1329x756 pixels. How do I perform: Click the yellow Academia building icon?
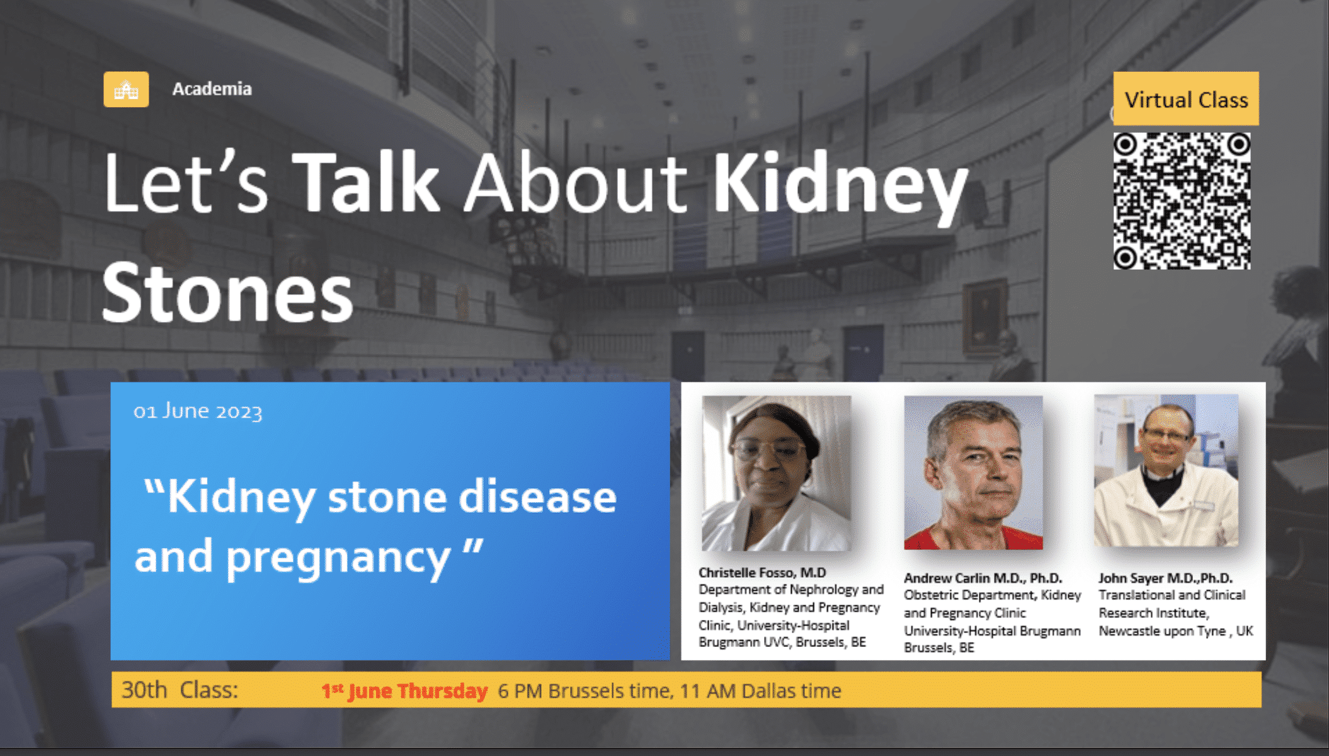click(x=126, y=89)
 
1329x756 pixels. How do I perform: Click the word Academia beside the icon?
click(x=212, y=89)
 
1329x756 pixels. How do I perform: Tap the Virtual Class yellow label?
click(x=1186, y=99)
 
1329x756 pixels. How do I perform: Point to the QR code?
click(x=1182, y=201)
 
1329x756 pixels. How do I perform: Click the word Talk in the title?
click(x=366, y=183)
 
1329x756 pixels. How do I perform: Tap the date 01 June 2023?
click(x=198, y=411)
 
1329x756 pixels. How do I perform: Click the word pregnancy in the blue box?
click(x=338, y=558)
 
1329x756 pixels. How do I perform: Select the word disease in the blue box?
click(x=537, y=496)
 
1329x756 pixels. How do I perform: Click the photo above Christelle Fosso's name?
click(x=777, y=473)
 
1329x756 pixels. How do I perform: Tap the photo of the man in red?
click(x=973, y=472)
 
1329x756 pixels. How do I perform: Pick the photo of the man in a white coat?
click(x=1166, y=471)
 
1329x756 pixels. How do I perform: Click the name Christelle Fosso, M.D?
click(x=762, y=573)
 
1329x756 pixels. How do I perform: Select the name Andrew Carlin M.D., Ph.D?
click(x=983, y=578)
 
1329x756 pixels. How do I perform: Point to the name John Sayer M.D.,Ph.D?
click(x=1166, y=578)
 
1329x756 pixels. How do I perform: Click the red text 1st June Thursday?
click(x=404, y=690)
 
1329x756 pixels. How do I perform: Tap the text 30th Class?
click(x=180, y=690)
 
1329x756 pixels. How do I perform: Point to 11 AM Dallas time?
click(x=760, y=690)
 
